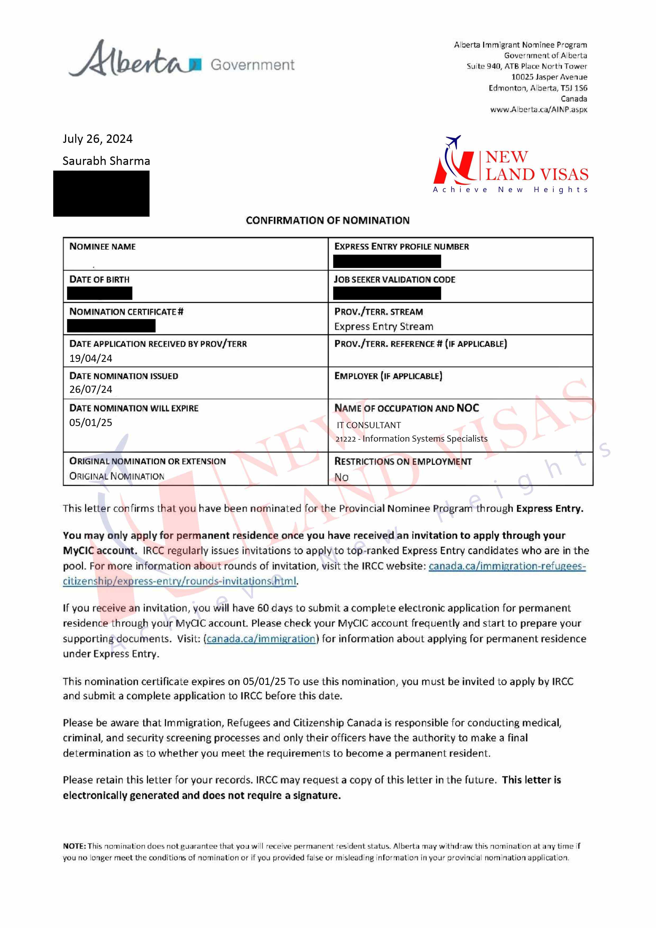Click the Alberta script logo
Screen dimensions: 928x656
129,60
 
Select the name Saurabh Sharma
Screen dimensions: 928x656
106,161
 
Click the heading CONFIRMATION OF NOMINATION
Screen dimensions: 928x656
327,220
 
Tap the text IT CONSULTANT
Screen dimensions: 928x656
369,425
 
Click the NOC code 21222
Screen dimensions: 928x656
345,439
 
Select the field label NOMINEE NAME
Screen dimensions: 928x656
102,247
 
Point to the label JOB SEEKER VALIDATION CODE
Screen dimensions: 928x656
394,280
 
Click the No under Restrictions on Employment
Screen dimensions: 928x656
341,477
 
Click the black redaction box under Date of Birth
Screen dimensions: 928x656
99,293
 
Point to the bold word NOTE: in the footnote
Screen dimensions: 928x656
74,846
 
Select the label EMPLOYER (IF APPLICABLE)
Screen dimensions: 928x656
388,376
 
